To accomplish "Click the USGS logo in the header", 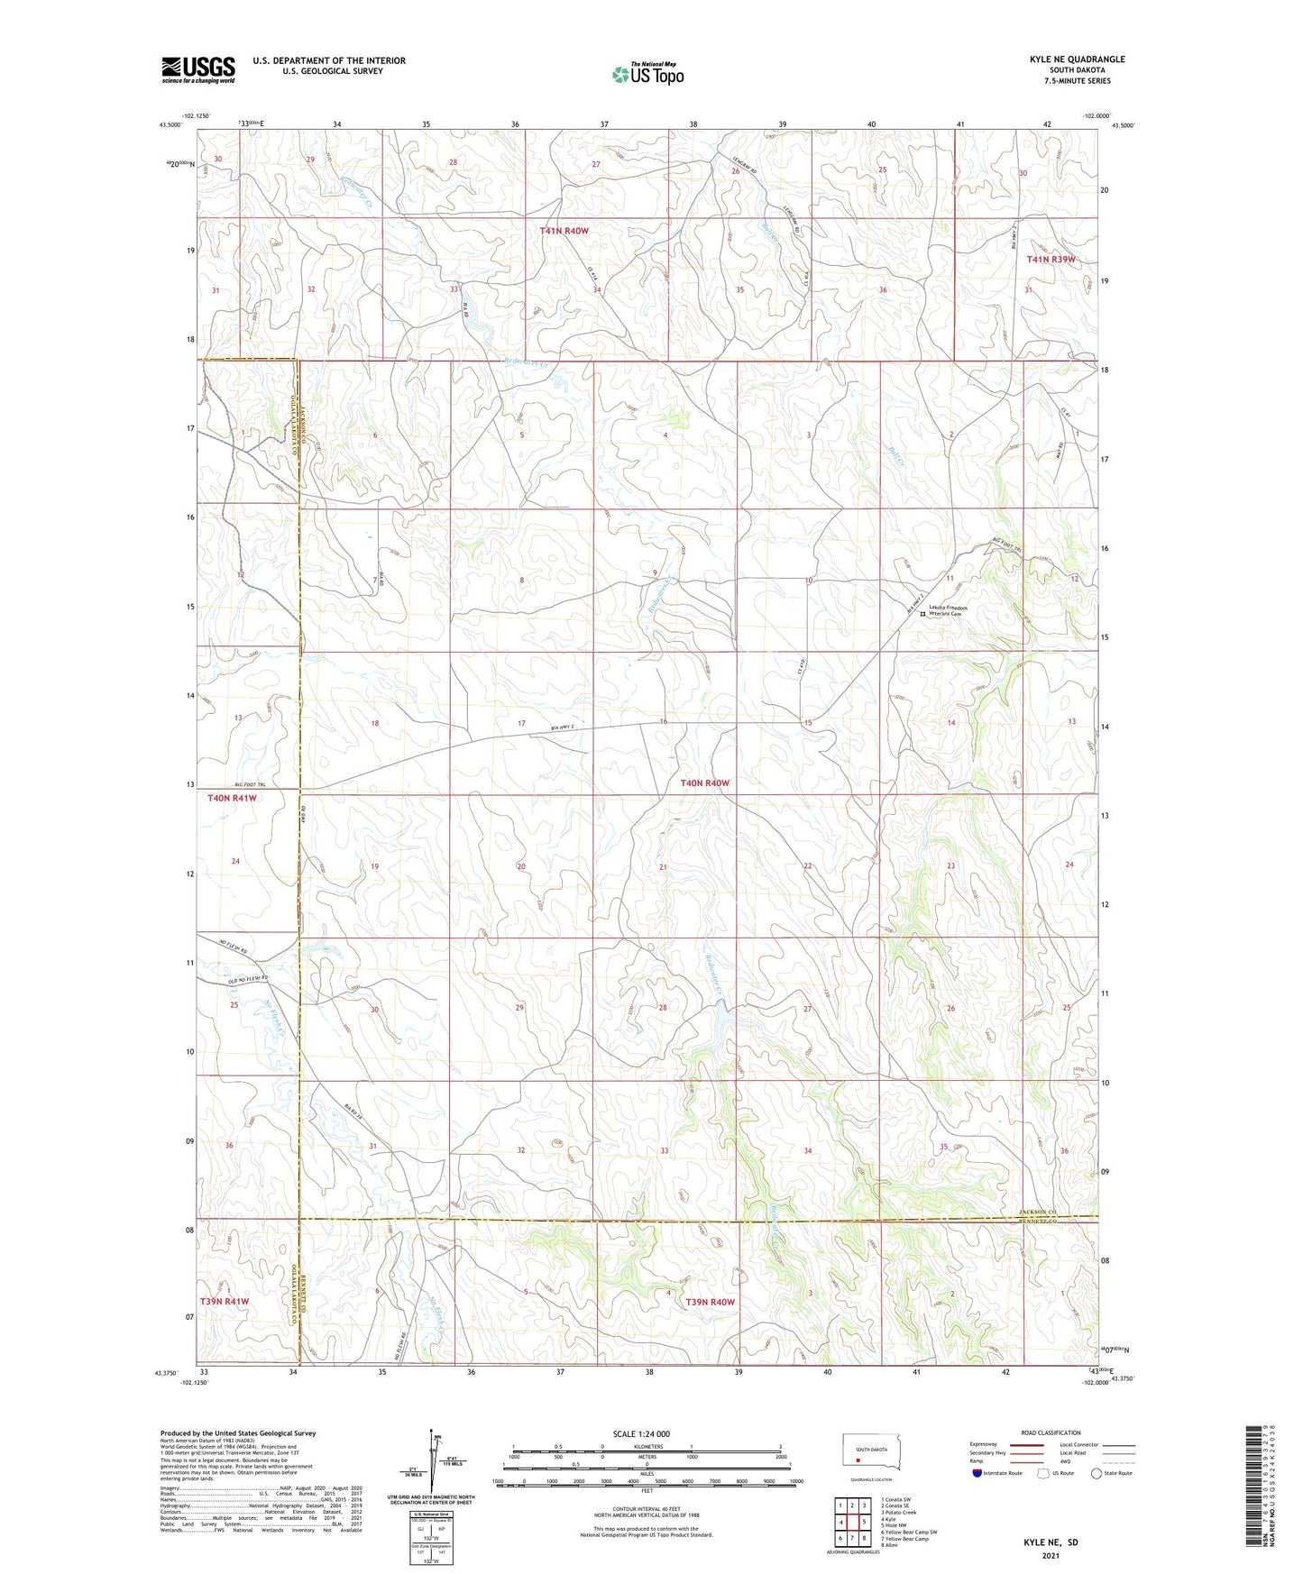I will pyautogui.click(x=197, y=69).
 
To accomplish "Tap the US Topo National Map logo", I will pyautogui.click(x=647, y=74).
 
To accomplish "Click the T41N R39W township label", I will pyautogui.click(x=1051, y=260).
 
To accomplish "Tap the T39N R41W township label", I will pyautogui.click(x=224, y=1302).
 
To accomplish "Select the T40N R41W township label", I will pyautogui.click(x=232, y=798).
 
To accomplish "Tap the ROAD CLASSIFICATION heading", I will pyautogui.click(x=1051, y=1432).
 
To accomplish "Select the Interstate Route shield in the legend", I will pyautogui.click(x=978, y=1473).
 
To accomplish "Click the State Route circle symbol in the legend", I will pyautogui.click(x=1097, y=1473).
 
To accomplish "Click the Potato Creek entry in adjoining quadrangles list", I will pyautogui.click(x=898, y=1513).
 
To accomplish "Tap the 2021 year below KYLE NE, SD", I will pyautogui.click(x=1050, y=1556).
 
